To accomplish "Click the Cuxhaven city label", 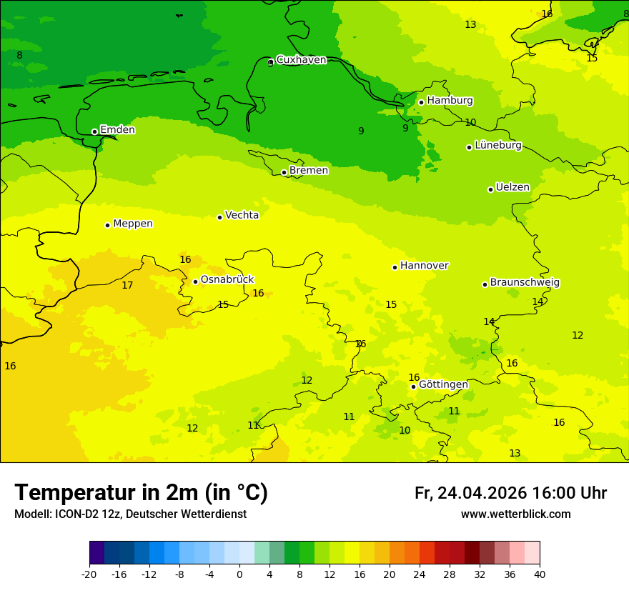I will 301,60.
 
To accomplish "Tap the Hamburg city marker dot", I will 422,102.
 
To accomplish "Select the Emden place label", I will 117,130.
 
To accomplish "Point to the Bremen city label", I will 309,171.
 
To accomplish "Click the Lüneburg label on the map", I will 498,146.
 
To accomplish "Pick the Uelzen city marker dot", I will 491,189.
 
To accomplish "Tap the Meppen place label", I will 133,224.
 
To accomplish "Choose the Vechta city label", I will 242,215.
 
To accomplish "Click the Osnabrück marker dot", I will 195,281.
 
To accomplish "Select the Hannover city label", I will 424,266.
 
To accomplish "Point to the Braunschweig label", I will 525,283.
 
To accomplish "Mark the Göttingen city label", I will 443,385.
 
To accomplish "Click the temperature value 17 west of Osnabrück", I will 127,286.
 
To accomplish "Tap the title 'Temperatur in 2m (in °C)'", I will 141,493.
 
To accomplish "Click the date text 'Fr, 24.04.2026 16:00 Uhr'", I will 510,493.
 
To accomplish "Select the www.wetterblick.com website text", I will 515,514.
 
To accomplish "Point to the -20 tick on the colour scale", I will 89,574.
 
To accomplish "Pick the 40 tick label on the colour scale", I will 540,574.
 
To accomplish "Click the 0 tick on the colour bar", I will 239,574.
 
